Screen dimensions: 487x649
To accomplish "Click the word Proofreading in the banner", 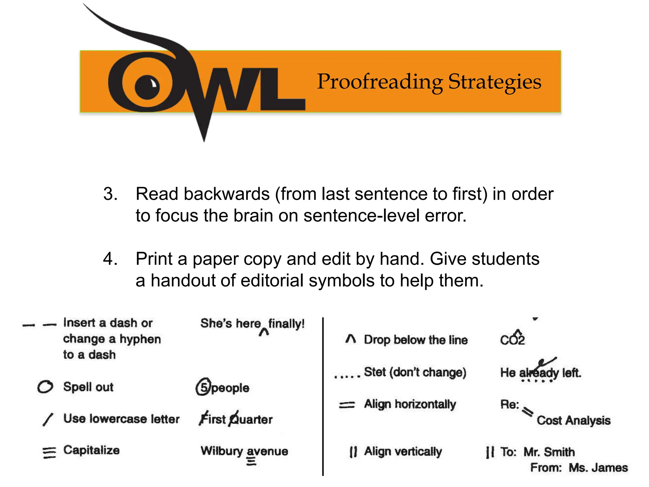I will (380, 82).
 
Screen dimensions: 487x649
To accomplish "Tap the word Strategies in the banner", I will (495, 82).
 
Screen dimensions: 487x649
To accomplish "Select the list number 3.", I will (110, 194).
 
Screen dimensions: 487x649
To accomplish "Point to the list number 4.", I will (110, 259).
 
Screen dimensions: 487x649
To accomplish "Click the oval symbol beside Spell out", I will (45, 386).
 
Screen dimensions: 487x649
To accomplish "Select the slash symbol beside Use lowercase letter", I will (48, 419).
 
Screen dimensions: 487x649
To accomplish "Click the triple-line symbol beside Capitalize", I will (49, 452).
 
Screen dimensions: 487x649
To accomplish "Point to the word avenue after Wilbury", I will (267, 451).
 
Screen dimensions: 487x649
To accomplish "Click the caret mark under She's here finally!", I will (264, 332).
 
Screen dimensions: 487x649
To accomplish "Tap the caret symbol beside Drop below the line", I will (350, 339).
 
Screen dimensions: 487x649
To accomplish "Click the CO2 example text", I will (512, 339).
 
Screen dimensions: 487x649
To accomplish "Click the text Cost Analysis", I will (573, 420).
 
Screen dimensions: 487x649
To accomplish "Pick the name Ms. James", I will (598, 468).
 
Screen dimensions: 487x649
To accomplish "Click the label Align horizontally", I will (410, 404).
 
